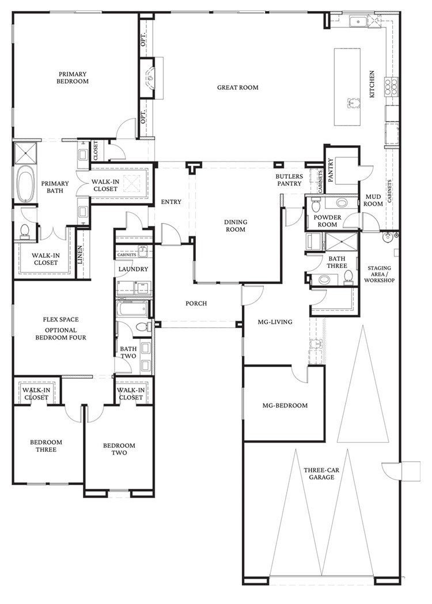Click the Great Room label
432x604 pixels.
237,88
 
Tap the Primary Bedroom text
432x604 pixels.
73,78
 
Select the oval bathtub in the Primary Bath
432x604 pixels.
25,184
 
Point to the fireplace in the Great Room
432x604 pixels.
151,74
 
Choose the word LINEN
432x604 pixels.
80,255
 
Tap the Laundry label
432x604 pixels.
134,269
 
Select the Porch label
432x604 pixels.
196,304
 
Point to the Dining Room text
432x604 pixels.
236,225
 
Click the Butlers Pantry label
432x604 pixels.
289,180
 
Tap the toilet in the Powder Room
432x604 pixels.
316,206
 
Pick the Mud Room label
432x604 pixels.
373,200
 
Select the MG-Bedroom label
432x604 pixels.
285,405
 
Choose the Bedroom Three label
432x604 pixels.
46,446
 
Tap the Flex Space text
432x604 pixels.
60,319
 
